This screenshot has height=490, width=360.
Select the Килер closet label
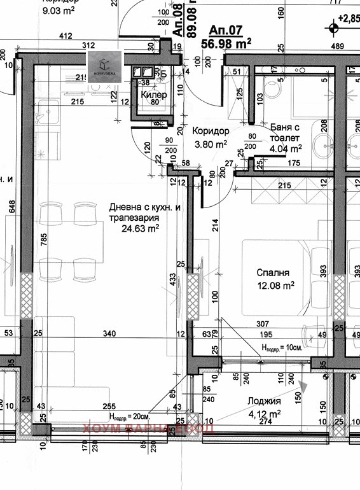pyautogui.click(x=154, y=95)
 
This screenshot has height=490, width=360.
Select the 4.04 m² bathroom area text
pyautogui.click(x=286, y=148)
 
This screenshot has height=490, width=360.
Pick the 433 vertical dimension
pyautogui.click(x=171, y=279)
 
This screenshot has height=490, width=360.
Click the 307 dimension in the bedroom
pyautogui.click(x=264, y=323)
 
